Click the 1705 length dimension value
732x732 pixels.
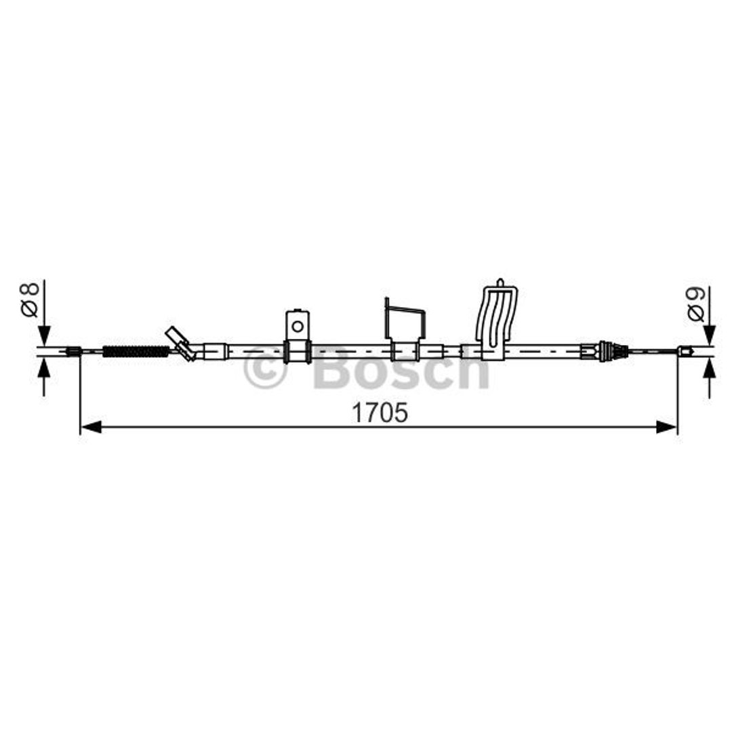pos(380,413)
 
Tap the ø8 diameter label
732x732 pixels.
pos(29,300)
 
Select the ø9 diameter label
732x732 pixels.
pos(695,304)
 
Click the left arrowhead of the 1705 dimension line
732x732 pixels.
pos(91,427)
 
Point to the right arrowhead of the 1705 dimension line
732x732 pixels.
pos(667,427)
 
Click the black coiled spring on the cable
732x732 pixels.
pos(136,351)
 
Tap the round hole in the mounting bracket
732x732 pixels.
pos(298,326)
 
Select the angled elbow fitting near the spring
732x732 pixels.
pos(181,344)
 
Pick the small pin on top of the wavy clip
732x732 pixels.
pos(500,283)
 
